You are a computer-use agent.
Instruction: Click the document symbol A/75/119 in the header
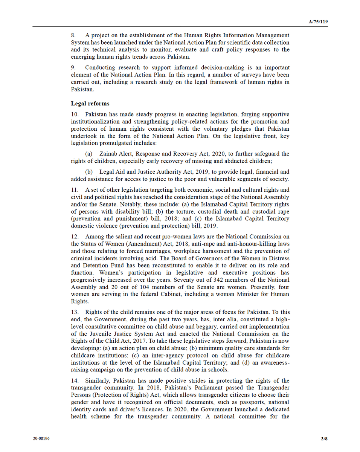click(318, 21)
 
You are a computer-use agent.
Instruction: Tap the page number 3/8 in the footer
click(324, 438)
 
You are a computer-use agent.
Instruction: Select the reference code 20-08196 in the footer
click(41, 438)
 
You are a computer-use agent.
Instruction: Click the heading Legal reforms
click(90, 104)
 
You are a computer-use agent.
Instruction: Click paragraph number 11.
click(75, 190)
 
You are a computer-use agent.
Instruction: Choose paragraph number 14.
click(75, 381)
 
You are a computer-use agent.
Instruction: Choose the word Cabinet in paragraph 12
click(172, 294)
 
